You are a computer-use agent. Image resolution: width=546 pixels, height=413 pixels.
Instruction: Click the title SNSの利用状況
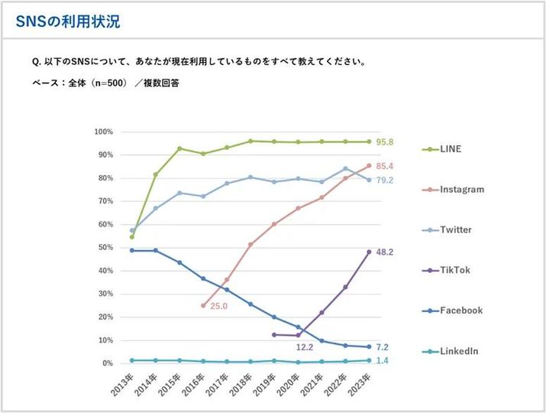(x=67, y=21)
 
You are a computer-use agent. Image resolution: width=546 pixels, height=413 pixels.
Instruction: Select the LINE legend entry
(x=451, y=148)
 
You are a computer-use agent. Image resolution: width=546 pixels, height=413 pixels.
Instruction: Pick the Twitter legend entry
(x=456, y=229)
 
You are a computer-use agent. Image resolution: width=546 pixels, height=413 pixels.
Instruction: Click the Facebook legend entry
(x=460, y=311)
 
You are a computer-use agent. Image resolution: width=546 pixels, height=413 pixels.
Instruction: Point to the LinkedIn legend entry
(x=459, y=351)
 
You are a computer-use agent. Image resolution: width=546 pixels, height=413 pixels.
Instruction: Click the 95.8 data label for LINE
(x=385, y=141)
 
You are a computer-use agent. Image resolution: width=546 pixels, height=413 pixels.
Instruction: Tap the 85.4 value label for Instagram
(x=385, y=166)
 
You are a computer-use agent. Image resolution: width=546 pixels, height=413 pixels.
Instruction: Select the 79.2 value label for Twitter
(x=385, y=180)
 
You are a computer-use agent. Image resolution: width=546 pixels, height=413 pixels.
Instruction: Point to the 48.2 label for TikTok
(x=385, y=252)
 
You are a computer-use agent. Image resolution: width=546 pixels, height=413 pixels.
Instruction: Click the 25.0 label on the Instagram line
(x=220, y=306)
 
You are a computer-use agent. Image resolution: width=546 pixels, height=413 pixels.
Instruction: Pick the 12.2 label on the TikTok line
(x=305, y=347)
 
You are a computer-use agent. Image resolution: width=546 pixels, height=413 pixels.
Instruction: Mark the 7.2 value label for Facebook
(x=383, y=347)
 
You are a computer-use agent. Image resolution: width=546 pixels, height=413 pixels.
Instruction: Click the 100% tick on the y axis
(x=102, y=132)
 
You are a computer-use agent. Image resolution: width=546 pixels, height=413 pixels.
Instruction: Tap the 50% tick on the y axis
(x=104, y=248)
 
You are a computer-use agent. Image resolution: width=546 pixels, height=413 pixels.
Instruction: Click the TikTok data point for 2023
(x=369, y=252)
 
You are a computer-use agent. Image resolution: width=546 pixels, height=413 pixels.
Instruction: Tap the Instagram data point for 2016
(x=202, y=305)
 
